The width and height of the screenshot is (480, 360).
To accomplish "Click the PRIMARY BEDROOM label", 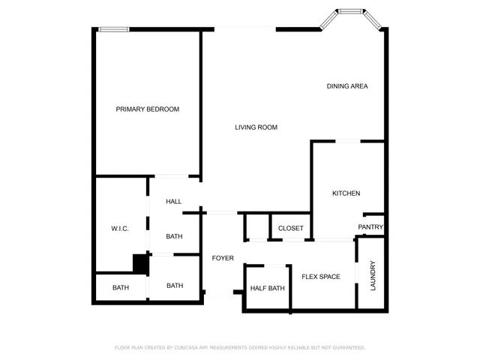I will [x=147, y=109].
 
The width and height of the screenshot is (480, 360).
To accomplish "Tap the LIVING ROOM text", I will [x=256, y=127].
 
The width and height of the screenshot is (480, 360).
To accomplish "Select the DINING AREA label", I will [x=346, y=86].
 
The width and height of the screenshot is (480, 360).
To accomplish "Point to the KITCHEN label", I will [x=346, y=193].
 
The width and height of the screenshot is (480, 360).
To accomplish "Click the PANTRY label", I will [x=370, y=227].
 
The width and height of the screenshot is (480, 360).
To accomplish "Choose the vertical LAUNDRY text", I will [x=373, y=275].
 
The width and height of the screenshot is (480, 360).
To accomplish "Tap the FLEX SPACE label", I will [x=320, y=277].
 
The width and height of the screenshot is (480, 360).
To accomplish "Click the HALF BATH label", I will [x=267, y=289].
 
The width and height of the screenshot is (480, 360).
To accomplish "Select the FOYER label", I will [x=223, y=258].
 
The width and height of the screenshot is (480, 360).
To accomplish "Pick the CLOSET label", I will [x=290, y=228].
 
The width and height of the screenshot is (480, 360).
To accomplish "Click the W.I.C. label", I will [x=121, y=229].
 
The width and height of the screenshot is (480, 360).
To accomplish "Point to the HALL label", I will [x=174, y=202].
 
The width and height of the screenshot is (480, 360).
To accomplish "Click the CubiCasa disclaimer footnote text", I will [x=239, y=348].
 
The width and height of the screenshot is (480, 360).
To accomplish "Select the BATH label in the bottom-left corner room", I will [x=121, y=288].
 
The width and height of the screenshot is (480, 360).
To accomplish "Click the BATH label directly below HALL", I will [x=174, y=237].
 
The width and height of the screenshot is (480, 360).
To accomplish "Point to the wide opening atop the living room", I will [x=245, y=29].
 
